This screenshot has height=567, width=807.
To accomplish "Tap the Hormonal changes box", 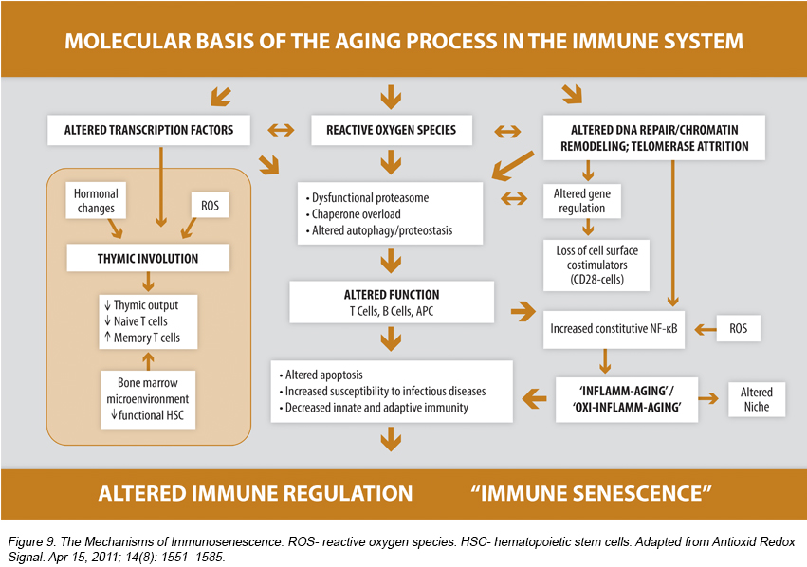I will tap(95, 201).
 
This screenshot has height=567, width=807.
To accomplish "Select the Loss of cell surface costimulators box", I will tap(589, 264).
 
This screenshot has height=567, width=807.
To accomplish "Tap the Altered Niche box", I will tap(757, 399).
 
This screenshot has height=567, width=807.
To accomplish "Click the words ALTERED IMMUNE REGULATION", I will tap(255, 494).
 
